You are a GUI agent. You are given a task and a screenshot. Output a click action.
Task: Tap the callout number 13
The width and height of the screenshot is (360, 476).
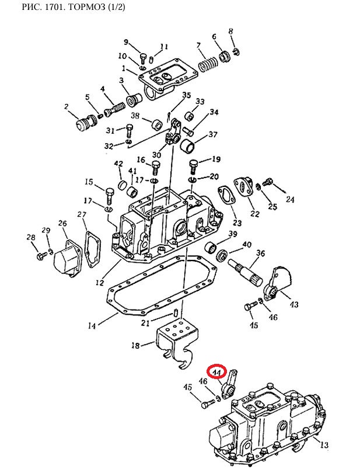tap(324, 444)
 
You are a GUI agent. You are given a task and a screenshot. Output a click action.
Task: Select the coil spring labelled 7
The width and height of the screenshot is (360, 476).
tap(208, 64)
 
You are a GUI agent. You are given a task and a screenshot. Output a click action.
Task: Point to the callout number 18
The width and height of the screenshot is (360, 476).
tap(135, 345)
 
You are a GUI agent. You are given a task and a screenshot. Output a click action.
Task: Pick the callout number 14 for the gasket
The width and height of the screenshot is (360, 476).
tap(92, 326)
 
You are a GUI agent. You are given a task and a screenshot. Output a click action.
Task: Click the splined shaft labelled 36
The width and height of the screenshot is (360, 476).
tap(247, 271)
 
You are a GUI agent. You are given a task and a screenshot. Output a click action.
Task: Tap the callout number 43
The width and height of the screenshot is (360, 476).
tap(294, 304)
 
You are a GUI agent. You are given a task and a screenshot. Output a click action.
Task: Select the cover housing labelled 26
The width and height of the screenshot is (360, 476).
tap(68, 258)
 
